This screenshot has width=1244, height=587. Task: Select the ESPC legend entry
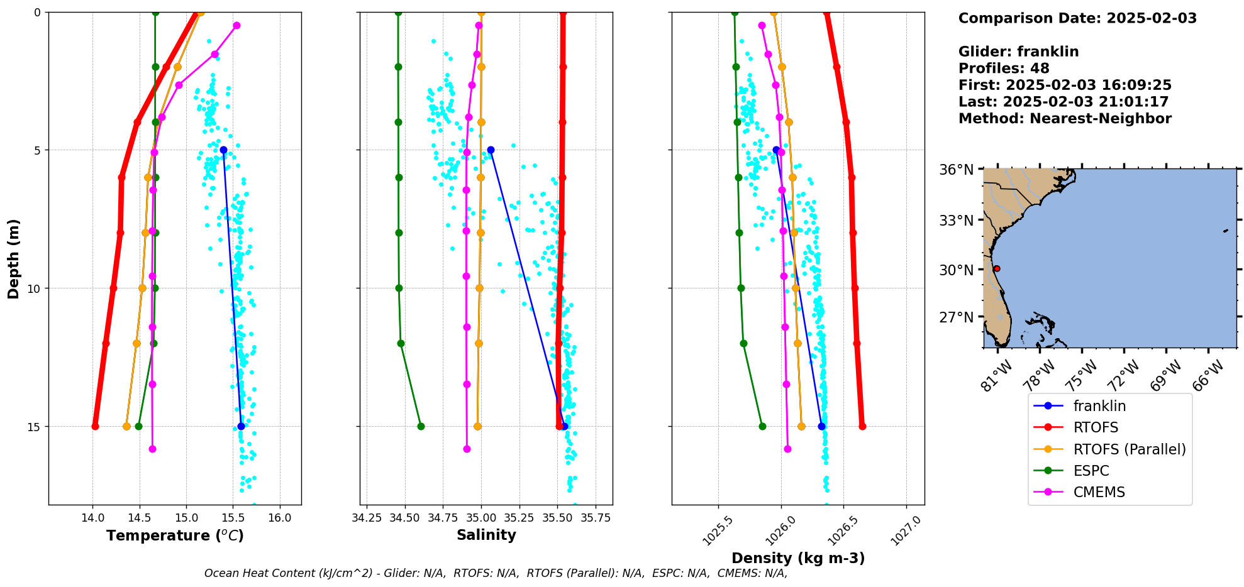pyautogui.click(x=1091, y=471)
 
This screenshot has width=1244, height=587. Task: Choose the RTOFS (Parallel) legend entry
pyautogui.click(x=1130, y=449)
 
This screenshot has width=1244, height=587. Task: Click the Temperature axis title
pyautogui.click(x=175, y=535)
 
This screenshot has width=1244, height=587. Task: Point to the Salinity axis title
pyautogui.click(x=486, y=535)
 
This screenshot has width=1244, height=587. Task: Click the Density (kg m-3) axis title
pyautogui.click(x=798, y=558)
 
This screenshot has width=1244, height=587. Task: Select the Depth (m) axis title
pyautogui.click(x=14, y=258)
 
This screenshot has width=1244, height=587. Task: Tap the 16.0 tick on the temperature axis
pyautogui.click(x=280, y=518)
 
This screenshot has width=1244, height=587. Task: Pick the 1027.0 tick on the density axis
pyautogui.click(x=906, y=530)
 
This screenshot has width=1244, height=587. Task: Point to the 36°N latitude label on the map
pyautogui.click(x=956, y=170)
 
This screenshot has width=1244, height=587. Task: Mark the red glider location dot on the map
pyautogui.click(x=997, y=268)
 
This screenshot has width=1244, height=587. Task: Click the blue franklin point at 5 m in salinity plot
pyautogui.click(x=491, y=150)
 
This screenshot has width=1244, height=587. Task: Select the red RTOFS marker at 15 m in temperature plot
pyautogui.click(x=95, y=426)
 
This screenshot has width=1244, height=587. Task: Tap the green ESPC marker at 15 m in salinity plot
pyautogui.click(x=421, y=426)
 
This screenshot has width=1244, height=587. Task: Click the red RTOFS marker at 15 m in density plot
pyautogui.click(x=862, y=426)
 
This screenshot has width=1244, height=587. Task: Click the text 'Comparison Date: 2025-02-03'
pyautogui.click(x=1077, y=18)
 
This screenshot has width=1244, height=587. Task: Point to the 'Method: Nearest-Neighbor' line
pyautogui.click(x=1065, y=119)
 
